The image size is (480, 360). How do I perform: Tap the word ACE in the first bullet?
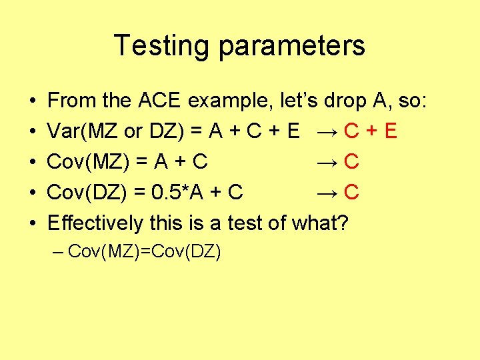tap(160, 101)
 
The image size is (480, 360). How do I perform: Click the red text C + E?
tap(371, 131)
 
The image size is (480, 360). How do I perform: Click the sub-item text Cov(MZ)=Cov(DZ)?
tap(145, 251)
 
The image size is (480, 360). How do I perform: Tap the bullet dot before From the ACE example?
tap(33, 101)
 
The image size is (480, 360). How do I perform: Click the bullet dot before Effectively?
tap(33, 223)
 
